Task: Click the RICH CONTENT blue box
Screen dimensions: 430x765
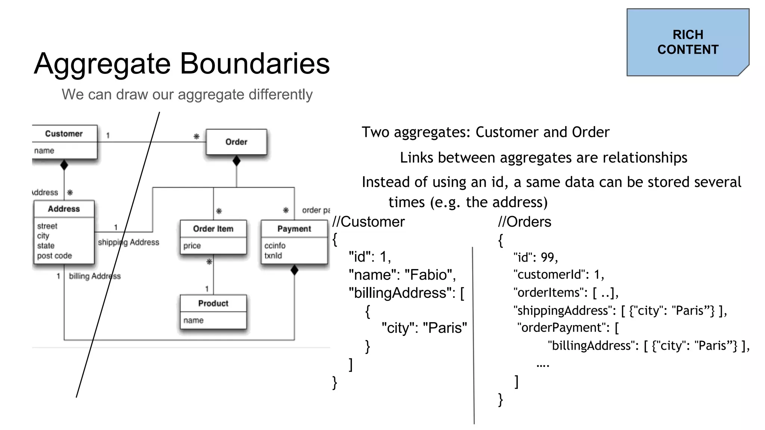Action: [687, 42]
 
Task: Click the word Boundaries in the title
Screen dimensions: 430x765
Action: [255, 63]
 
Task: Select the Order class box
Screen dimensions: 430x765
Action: [236, 142]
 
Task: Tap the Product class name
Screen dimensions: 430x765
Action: [213, 303]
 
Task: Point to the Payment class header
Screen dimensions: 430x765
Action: [294, 228]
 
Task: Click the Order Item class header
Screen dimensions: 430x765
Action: [213, 228]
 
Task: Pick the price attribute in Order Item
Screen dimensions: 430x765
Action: [192, 246]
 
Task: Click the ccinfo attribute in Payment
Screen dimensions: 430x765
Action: [275, 246]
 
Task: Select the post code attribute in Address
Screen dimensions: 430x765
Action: [54, 256]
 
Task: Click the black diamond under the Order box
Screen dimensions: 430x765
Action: [236, 161]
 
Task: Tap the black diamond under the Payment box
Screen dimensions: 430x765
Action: [294, 270]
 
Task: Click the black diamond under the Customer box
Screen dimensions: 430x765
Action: [64, 165]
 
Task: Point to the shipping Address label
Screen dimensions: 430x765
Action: [128, 242]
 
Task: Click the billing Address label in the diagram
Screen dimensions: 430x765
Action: [95, 276]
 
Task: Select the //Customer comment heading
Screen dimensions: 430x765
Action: [368, 222]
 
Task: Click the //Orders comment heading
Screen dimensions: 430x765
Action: [524, 222]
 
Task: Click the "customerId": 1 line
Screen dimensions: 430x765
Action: [558, 275]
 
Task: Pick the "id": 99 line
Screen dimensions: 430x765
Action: [535, 257]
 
